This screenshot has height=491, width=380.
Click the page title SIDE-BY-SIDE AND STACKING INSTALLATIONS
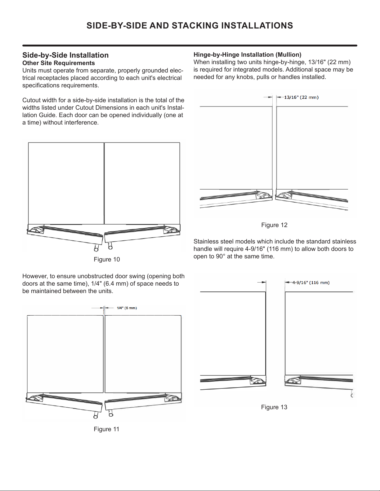click(x=190, y=26)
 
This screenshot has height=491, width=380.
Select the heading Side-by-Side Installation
click(x=65, y=55)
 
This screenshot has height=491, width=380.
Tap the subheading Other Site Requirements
click(x=59, y=63)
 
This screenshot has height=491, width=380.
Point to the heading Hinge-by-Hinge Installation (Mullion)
click(x=247, y=55)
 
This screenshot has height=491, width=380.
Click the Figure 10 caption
click(x=107, y=260)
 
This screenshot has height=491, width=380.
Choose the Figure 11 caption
click(x=106, y=429)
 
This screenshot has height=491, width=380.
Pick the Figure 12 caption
click(x=274, y=225)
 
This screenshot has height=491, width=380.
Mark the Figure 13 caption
click(x=274, y=407)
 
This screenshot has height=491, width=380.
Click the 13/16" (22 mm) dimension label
click(x=301, y=97)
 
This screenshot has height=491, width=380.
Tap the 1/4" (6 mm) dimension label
click(x=127, y=308)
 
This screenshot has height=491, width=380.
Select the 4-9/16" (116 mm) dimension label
click(x=311, y=283)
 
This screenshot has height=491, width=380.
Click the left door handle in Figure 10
click(x=96, y=248)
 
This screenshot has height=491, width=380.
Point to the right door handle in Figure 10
click(x=110, y=246)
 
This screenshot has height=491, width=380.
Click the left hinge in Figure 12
click(x=263, y=195)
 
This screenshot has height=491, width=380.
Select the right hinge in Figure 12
click(x=284, y=195)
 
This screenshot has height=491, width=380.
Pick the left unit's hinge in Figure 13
click(x=257, y=381)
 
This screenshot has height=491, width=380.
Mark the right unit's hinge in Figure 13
click(x=293, y=381)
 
